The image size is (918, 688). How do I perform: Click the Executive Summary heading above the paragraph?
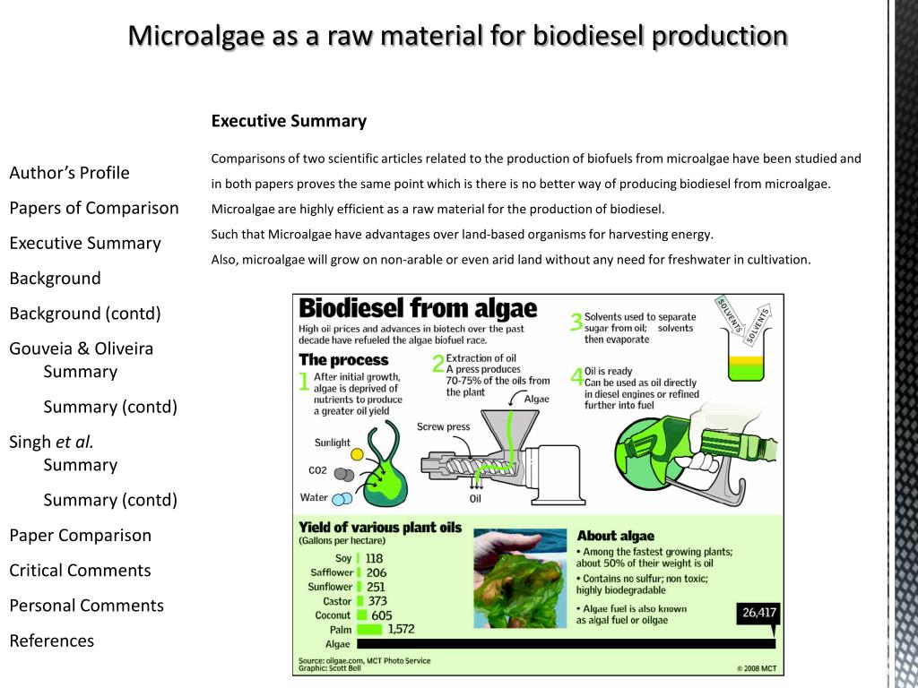coord(289,121)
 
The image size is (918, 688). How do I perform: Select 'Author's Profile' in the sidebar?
coord(69,173)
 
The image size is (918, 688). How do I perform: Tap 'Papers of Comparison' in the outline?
coord(94,208)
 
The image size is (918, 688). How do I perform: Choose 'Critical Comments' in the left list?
coord(80,571)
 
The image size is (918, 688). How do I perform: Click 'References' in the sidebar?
coord(51,641)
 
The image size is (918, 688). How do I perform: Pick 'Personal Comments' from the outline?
coord(86,606)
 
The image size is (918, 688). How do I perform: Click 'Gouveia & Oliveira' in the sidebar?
coord(81,348)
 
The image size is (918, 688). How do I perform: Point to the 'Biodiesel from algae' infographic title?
coord(418,309)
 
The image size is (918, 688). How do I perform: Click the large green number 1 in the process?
coord(304,383)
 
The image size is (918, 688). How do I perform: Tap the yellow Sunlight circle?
coord(358,454)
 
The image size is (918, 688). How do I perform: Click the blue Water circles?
coord(341,499)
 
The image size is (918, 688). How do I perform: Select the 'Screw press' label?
coord(443,427)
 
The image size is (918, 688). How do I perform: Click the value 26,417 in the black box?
coord(758,614)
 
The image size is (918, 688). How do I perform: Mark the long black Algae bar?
coord(566,643)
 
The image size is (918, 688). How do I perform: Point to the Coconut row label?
coord(333,615)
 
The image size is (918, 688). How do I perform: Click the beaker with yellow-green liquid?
coord(746,366)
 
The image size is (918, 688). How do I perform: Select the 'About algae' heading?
coord(616,536)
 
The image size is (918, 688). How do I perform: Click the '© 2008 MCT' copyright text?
coord(757,667)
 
